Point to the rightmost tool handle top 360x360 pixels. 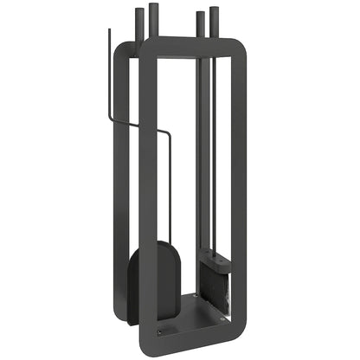pyautogui.click(x=213, y=10)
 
